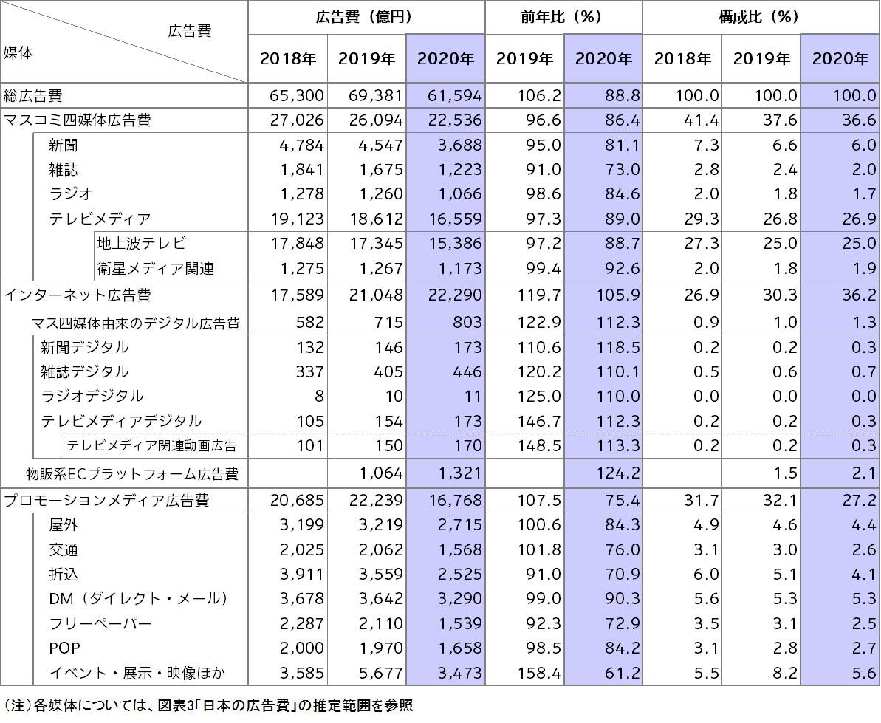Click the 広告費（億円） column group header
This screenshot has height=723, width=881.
click(366, 16)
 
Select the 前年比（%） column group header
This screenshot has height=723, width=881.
click(563, 16)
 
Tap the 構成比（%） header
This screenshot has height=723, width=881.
click(760, 16)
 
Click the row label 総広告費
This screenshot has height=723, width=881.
click(33, 95)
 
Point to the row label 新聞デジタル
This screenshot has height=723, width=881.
click(84, 347)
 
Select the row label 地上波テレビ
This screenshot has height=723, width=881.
click(140, 243)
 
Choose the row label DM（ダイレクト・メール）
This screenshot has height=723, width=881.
click(138, 598)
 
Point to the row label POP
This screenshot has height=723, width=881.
click(64, 648)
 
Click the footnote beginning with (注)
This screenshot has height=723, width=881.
click(208, 705)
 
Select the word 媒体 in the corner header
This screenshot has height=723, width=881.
click(18, 52)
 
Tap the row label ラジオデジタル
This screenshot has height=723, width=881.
click(92, 397)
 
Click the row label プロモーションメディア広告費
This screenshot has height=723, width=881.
click(107, 501)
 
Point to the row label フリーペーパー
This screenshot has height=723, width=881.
click(100, 623)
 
